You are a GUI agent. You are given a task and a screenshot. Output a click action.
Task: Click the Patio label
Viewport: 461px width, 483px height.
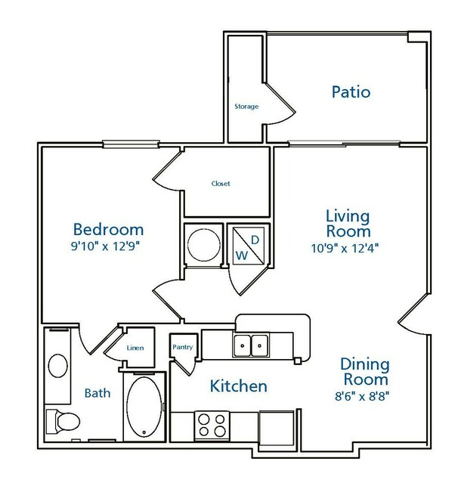tap(351, 92)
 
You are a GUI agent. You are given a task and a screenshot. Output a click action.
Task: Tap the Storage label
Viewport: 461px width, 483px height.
tap(246, 107)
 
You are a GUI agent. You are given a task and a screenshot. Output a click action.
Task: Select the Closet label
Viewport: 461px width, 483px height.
tap(221, 184)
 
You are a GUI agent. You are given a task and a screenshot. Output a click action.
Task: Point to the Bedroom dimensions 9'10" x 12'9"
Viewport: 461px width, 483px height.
tap(105, 246)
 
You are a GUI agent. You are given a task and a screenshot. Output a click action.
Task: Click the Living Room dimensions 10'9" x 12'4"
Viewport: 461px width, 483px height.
tap(345, 248)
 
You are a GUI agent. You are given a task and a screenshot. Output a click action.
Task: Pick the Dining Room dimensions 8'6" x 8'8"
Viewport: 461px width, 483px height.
tap(362, 396)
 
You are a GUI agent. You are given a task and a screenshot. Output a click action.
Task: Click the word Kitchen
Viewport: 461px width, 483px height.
tap(238, 386)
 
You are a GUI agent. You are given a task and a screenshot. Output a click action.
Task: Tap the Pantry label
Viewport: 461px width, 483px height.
tap(183, 347)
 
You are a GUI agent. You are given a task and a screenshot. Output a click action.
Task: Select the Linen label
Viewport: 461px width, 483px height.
tap(135, 348)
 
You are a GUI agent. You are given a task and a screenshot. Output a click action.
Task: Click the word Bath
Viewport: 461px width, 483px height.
tap(97, 393)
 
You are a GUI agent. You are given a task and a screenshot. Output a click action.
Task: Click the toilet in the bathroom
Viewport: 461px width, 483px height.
tap(63, 421)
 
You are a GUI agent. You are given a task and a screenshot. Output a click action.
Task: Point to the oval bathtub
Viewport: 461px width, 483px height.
tap(144, 407)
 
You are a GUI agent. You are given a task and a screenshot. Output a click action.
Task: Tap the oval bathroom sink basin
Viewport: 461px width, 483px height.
tap(58, 366)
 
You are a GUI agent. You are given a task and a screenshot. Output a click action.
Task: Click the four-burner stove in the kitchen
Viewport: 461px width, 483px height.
tap(212, 426)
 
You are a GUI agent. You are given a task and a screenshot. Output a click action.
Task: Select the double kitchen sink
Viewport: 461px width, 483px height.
tap(251, 345)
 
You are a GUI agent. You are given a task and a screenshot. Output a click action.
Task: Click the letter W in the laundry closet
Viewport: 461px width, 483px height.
tap(242, 255)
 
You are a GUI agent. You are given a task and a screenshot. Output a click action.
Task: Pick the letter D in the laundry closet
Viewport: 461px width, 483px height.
tap(255, 240)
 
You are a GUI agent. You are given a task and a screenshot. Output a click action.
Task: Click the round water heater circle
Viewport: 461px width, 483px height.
tap(204, 245)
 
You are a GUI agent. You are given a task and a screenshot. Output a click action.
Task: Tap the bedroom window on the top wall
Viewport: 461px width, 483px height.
tap(131, 144)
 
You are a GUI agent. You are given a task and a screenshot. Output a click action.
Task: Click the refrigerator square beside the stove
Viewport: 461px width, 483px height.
tap(277, 428)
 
